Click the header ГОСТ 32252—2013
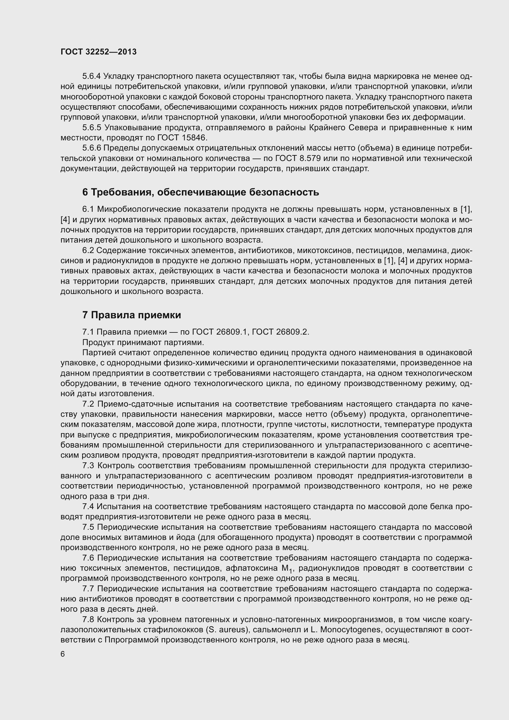pos(98,52)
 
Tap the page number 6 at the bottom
pos(63,654)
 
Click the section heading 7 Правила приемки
pos(132,315)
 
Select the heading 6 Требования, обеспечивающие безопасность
pos(201,192)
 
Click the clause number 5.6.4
pos(91,76)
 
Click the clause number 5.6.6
pos(91,148)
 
